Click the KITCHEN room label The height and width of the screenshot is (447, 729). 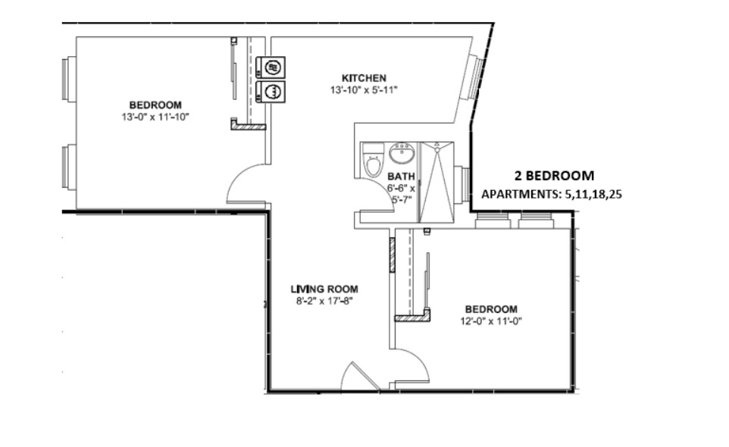pos(364,78)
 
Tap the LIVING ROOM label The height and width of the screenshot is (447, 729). pos(324,289)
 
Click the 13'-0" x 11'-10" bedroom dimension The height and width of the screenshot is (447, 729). pos(155,117)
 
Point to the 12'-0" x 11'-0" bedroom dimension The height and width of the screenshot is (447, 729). pos(490,320)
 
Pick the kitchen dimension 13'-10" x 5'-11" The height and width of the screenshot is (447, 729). pos(364,90)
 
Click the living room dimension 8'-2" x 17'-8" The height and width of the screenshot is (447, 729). pos(324,300)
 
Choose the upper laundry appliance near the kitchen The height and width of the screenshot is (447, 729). pos(271,67)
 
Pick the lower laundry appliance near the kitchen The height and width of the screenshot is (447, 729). pos(271,92)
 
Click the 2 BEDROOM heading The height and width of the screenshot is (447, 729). pos(549,176)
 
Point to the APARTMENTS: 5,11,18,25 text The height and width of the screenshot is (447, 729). pos(552,194)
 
